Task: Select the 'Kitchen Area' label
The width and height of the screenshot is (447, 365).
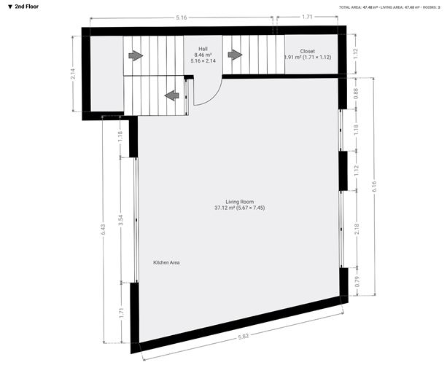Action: click(x=166, y=262)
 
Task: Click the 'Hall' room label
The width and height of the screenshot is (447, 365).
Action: click(x=203, y=48)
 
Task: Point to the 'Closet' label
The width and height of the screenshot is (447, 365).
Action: click(x=307, y=51)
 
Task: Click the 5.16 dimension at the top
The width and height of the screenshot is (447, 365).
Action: click(x=181, y=16)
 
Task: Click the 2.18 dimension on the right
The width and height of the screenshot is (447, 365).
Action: click(x=357, y=229)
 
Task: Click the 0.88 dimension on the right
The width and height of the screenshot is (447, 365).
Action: click(x=357, y=93)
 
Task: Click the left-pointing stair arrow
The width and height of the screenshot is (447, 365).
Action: click(x=172, y=95)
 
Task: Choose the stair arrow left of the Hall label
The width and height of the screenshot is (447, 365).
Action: click(x=135, y=55)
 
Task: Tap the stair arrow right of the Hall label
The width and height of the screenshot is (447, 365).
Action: click(x=235, y=54)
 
